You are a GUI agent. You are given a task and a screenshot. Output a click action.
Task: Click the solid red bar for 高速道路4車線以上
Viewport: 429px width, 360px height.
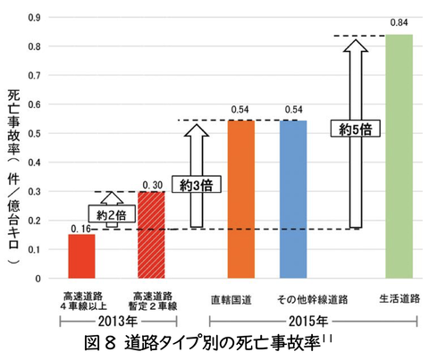click(82, 255)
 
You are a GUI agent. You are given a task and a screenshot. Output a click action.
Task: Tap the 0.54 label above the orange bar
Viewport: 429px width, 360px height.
click(240, 111)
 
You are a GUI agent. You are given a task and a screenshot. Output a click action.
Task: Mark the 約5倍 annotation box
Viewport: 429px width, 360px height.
click(354, 130)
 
